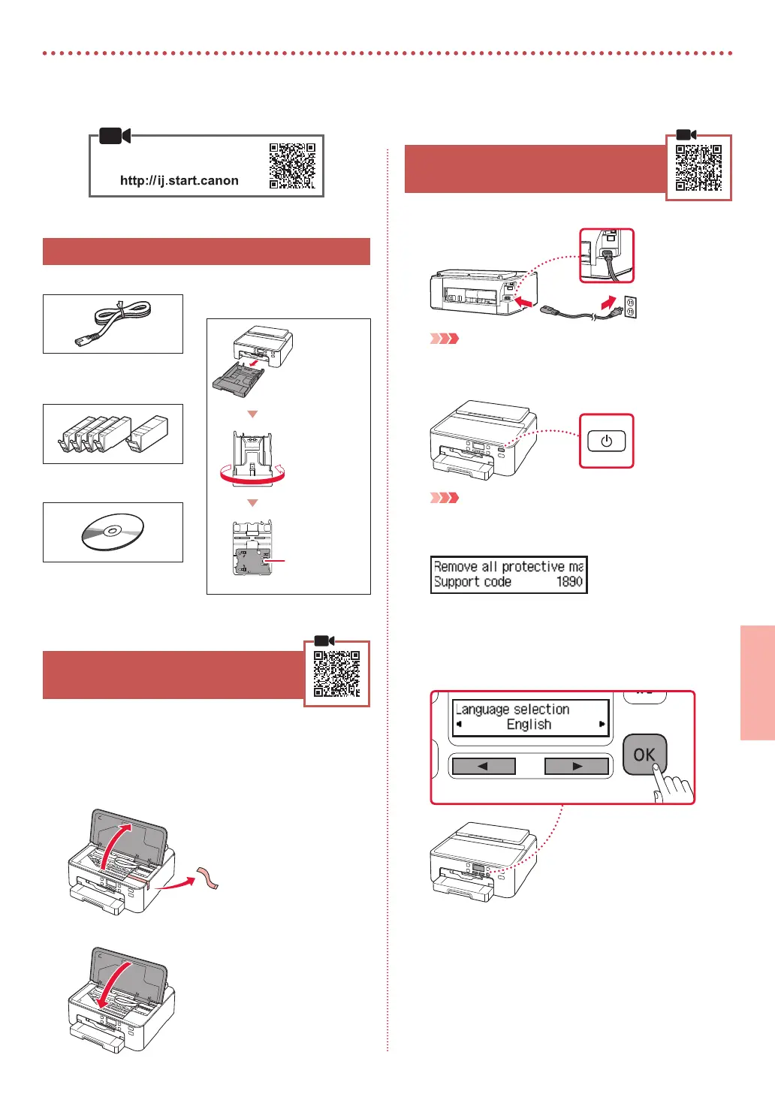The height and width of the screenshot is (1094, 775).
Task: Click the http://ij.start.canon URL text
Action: coord(179,180)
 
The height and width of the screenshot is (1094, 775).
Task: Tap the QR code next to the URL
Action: coord(292,166)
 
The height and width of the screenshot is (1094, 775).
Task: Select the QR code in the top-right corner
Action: coord(698,167)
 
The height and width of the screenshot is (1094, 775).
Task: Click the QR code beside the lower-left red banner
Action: coord(336,674)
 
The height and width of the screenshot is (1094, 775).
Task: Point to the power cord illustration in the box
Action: coord(113,324)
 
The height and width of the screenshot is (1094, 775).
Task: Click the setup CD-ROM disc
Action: coord(113,532)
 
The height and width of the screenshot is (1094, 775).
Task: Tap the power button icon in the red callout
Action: coord(606,442)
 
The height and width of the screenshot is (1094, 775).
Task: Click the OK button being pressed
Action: coord(644,755)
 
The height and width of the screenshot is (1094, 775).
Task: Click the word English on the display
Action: coord(529,725)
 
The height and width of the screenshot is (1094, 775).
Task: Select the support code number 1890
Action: coord(569,582)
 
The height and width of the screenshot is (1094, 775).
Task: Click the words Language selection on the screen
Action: coord(513,710)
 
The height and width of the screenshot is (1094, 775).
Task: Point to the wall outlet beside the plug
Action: coord(630,306)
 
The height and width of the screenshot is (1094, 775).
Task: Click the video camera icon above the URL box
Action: coord(115,136)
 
